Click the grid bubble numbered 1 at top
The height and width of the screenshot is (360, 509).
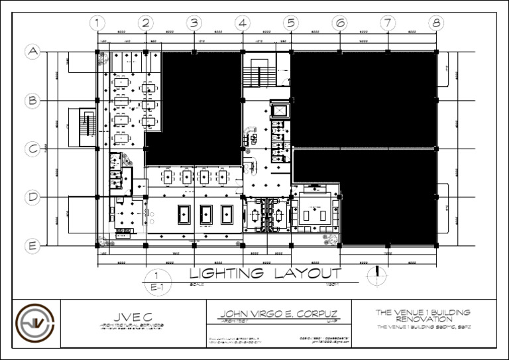coord(97,23)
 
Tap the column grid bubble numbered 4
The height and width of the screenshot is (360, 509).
coord(243,23)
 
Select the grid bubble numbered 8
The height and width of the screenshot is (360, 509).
coord(436,23)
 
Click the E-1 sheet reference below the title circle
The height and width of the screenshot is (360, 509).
coord(156,288)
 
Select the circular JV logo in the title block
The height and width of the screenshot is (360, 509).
coord(36,324)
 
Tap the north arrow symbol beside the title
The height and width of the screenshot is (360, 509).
coord(376,272)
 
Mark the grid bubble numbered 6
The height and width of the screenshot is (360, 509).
coord(339,23)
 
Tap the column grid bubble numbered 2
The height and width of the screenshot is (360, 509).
coord(146,23)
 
